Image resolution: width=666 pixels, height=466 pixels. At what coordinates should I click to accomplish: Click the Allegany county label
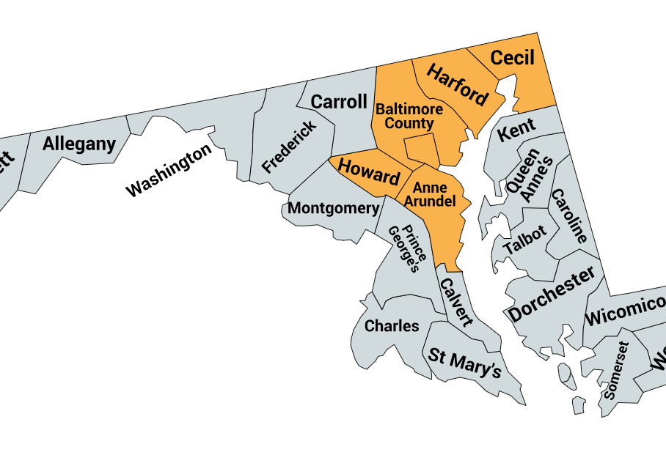79,144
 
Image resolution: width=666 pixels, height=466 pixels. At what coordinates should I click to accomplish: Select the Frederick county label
290,147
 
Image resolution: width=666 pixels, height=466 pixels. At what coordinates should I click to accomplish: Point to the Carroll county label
339,101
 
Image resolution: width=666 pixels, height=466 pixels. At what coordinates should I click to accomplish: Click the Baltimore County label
409,116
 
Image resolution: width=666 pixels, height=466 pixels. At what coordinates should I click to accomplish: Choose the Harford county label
457,85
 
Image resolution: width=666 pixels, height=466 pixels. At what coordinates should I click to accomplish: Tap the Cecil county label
512,57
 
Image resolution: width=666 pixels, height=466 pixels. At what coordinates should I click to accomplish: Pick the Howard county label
369,171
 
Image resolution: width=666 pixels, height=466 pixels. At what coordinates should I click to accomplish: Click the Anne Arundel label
430,194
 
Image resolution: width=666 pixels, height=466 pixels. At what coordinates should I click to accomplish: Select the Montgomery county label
333,208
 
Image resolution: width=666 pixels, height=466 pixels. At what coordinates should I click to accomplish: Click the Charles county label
392,325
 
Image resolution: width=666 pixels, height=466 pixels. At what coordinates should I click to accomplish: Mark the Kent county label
517,130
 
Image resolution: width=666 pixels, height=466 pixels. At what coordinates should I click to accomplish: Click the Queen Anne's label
528,176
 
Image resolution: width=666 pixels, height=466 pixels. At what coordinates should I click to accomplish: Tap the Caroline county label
569,216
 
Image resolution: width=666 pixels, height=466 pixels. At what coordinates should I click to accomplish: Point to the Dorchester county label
552,295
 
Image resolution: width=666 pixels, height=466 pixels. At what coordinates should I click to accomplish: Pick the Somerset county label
615,369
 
